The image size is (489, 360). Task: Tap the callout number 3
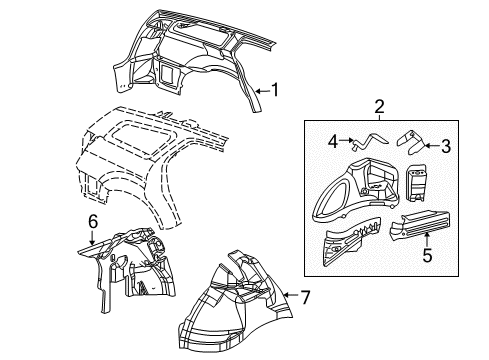coord(446,146)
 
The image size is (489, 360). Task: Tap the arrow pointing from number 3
coord(431,146)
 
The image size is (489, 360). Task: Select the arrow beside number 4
coord(347,142)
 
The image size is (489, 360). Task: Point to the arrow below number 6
coord(91,239)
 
